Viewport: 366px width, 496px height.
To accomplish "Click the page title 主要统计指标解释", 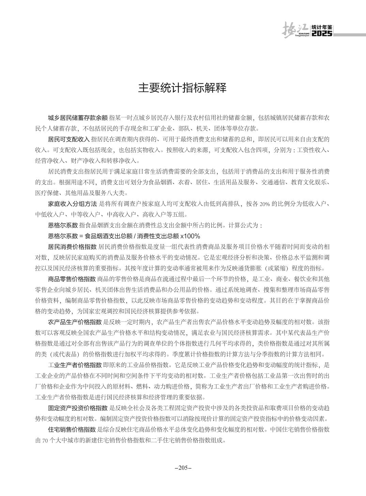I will click(x=182, y=88).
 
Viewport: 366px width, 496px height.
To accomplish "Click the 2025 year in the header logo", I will click(x=322, y=34).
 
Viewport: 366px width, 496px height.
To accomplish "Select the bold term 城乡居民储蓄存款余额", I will click(x=78, y=118).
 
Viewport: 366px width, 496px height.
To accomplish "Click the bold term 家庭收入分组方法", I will click(x=72, y=204).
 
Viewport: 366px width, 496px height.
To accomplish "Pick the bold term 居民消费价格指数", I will click(x=72, y=246).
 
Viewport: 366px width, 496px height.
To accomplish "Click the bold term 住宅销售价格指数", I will click(x=72, y=429).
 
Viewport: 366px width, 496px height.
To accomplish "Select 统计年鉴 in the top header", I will click(x=322, y=28).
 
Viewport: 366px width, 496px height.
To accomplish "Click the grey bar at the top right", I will click(x=349, y=34).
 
